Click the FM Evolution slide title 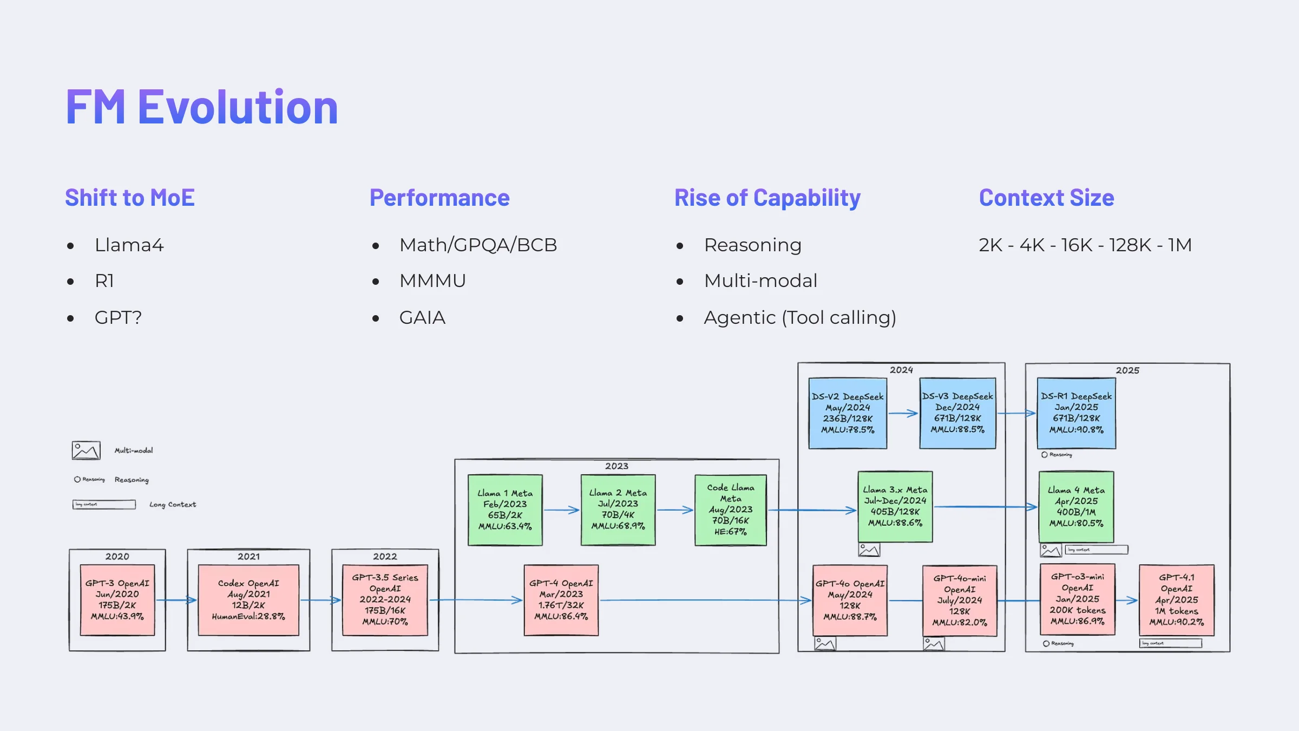pyautogui.click(x=201, y=107)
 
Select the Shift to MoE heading pyautogui.click(x=130, y=198)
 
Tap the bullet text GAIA pyautogui.click(x=422, y=317)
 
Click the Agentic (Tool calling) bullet pyautogui.click(x=799, y=317)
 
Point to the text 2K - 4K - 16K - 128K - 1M pyautogui.click(x=1085, y=245)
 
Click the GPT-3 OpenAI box pyautogui.click(x=117, y=599)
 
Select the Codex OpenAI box pyautogui.click(x=248, y=599)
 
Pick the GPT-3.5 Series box pyautogui.click(x=385, y=599)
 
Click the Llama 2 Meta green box pyautogui.click(x=618, y=510)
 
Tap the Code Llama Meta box pyautogui.click(x=730, y=510)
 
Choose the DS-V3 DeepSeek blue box pyautogui.click(x=957, y=413)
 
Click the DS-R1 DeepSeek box pyautogui.click(x=1076, y=413)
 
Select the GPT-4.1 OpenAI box pyautogui.click(x=1176, y=599)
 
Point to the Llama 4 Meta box pyautogui.click(x=1076, y=507)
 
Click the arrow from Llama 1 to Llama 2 pyautogui.click(x=561, y=510)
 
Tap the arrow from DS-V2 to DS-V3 pyautogui.click(x=903, y=413)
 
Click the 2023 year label pyautogui.click(x=616, y=466)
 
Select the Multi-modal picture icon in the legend pyautogui.click(x=86, y=451)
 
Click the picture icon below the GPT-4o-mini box pyautogui.click(x=934, y=644)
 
